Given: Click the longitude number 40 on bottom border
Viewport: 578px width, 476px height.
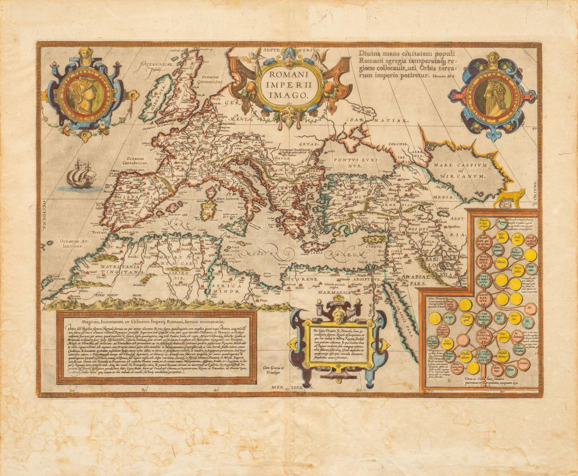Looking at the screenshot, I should (216, 390).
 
